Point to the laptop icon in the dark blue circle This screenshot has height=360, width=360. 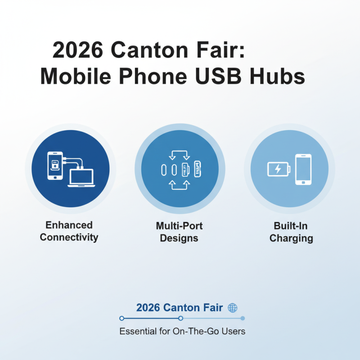coord(81,178)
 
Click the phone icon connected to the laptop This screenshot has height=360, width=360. coord(55,166)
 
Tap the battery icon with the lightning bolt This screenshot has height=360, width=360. coord(279,169)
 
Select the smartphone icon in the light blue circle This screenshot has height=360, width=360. coord(303,169)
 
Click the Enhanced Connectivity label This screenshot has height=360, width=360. coord(69,231)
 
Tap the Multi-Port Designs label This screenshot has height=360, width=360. coord(179,231)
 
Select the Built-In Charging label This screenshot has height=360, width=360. coord(291,232)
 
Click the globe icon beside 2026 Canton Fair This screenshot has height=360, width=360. coord(233,308)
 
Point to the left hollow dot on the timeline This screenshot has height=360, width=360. coord(121,318)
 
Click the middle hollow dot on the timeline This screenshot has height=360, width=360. coord(180,318)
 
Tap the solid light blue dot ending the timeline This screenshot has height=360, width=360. coord(243,318)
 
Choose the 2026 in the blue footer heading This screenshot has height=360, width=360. coord(148,308)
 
